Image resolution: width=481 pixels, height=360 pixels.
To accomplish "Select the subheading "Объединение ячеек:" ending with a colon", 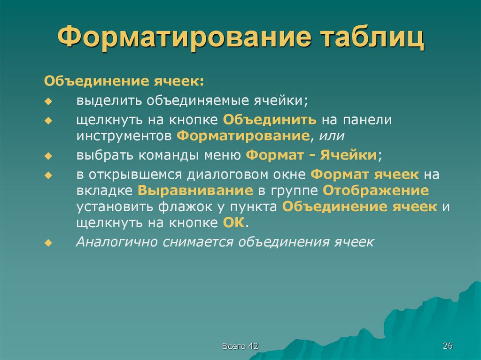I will pyautogui.click(x=124, y=81).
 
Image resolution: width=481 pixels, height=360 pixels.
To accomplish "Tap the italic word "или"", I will pyautogui.click(x=332, y=136).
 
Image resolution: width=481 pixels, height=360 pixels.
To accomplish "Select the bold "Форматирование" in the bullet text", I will pyautogui.click(x=243, y=136).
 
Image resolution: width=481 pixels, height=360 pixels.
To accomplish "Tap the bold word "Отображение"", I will pyautogui.click(x=375, y=191).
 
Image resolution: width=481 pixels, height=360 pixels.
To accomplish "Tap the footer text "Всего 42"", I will pyautogui.click(x=240, y=346).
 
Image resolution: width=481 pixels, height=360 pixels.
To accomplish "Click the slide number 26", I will pyautogui.click(x=447, y=346).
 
